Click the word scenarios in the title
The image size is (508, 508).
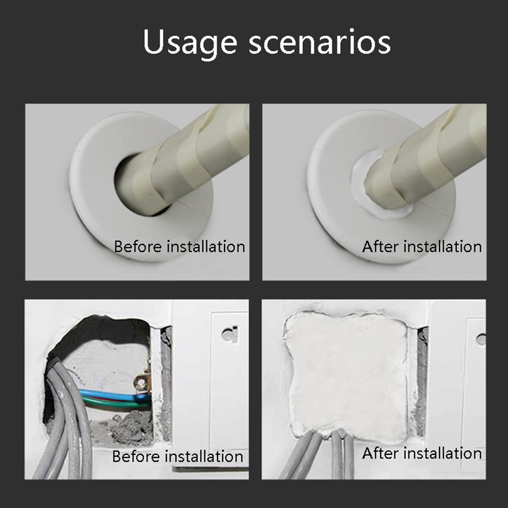(320, 42)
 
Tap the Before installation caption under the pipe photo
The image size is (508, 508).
(179, 246)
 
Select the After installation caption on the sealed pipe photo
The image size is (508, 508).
(421, 246)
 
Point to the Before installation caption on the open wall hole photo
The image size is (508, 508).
(177, 456)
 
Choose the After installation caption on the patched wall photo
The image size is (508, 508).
(421, 453)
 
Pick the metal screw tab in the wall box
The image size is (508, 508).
(141, 383)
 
